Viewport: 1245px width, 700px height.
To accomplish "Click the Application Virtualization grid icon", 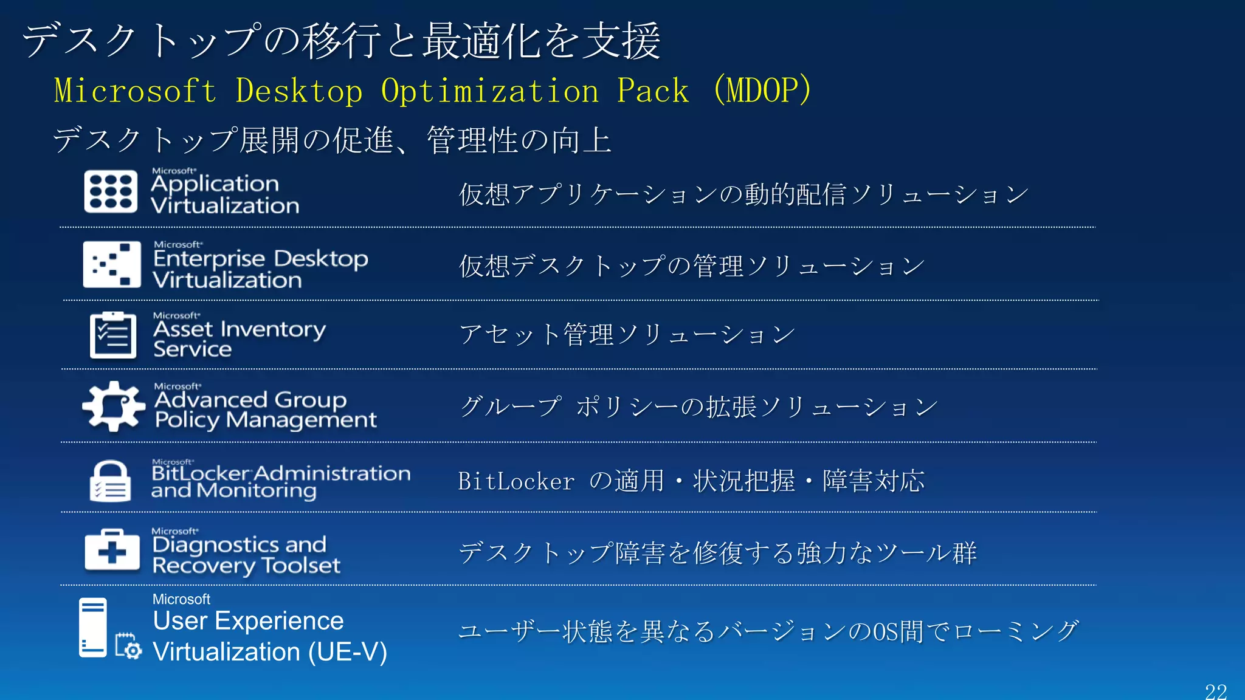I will [x=111, y=192].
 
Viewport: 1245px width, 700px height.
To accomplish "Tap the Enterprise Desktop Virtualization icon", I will [x=112, y=264].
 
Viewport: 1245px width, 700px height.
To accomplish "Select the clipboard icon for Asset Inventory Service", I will [x=113, y=335].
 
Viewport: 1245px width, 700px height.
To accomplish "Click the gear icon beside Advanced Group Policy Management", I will [x=113, y=406].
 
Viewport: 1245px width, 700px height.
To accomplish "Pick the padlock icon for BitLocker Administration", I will [x=110, y=481].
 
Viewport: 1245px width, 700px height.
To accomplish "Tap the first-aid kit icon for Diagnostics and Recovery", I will [x=112, y=550].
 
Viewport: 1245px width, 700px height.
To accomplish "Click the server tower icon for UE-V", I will [x=93, y=627].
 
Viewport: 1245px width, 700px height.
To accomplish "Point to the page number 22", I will [x=1216, y=691].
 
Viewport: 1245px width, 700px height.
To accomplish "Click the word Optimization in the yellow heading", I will [x=490, y=91].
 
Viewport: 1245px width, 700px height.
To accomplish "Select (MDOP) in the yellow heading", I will [x=762, y=90].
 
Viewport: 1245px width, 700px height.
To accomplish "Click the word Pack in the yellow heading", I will [x=652, y=91].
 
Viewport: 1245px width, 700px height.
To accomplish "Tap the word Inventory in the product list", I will [x=274, y=329].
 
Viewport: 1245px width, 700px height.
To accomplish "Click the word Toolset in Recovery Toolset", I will [x=300, y=566].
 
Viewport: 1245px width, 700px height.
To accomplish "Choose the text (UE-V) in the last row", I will [x=347, y=652].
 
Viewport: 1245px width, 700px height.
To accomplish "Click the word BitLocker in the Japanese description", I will [x=516, y=481].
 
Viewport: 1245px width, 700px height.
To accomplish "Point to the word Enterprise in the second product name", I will [x=209, y=259].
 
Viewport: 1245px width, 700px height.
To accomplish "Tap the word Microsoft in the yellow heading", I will [x=135, y=91].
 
